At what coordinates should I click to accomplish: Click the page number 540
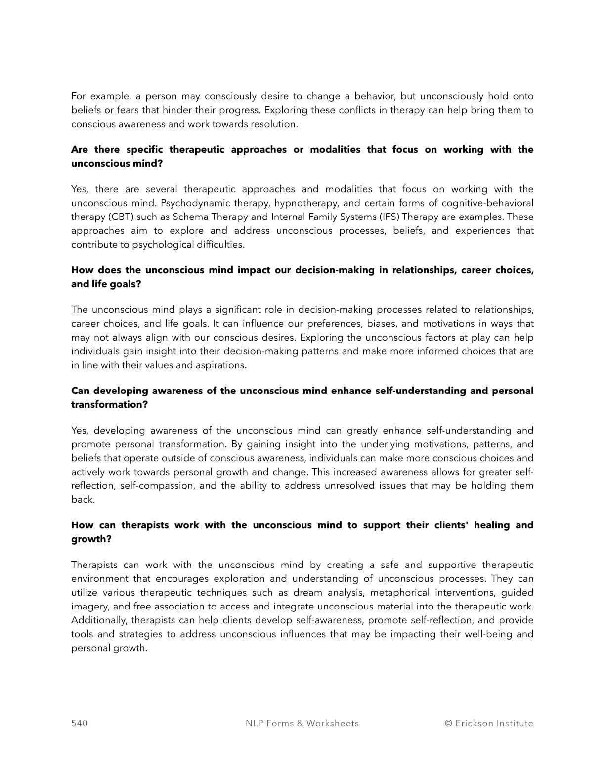[80, 723]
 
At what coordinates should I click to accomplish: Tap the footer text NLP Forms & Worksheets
[302, 723]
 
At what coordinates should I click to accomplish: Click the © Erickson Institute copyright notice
[489, 723]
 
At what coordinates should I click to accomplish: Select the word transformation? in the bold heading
[109, 405]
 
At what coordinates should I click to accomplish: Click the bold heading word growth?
[91, 539]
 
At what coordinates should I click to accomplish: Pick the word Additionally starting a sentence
[99, 620]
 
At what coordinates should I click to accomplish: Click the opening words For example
[95, 96]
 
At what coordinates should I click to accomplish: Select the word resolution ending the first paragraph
[275, 124]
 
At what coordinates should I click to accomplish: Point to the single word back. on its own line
[83, 500]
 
